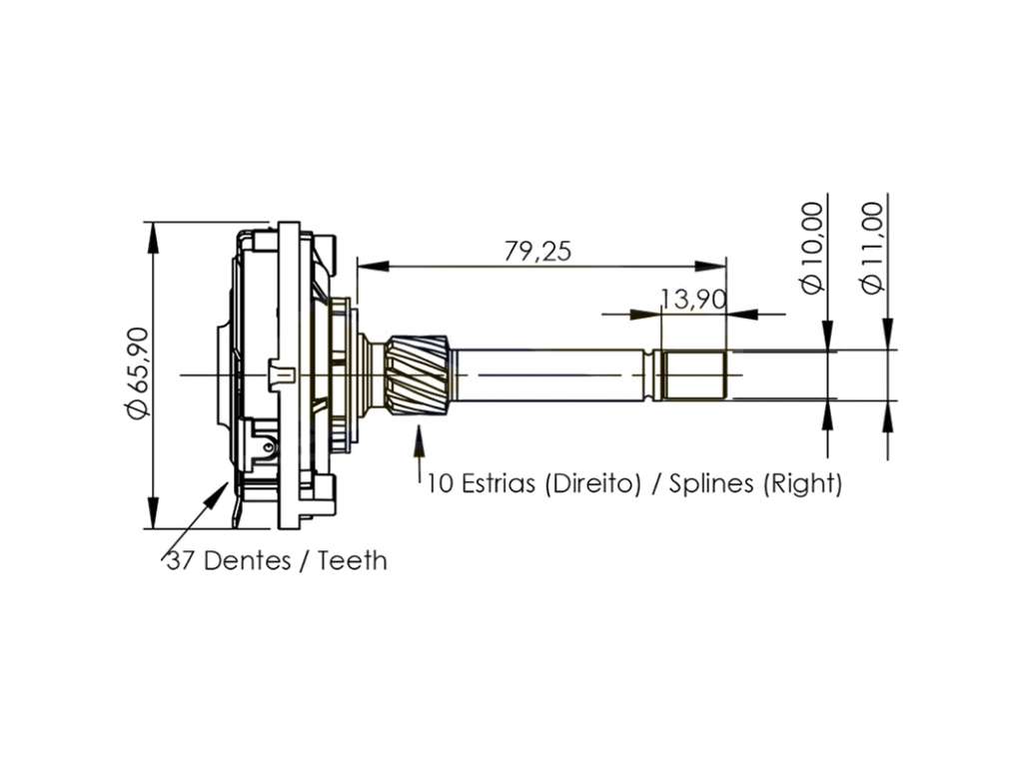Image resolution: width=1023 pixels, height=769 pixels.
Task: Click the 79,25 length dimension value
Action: point(537,252)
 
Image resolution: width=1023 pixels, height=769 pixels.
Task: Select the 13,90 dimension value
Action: point(693,300)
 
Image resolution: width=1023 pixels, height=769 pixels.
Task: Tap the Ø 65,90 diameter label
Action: point(139,373)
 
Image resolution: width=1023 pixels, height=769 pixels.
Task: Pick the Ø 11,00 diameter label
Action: point(871,248)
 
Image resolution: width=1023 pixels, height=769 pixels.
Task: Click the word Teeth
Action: point(353,561)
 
